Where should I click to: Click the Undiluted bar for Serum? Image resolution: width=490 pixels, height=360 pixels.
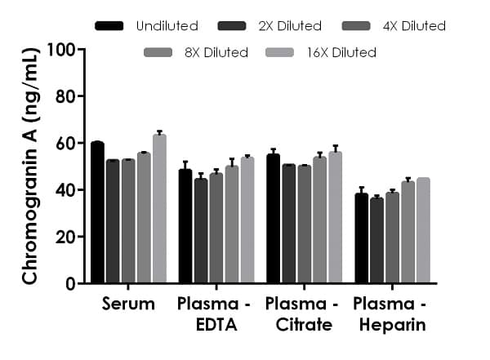pyautogui.click(x=97, y=212)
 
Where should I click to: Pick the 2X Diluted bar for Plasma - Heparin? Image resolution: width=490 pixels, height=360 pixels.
pyautogui.click(x=376, y=240)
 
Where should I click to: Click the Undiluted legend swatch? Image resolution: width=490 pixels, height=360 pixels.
pyautogui.click(x=109, y=26)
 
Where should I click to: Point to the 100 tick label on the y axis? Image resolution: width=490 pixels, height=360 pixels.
pyautogui.click(x=63, y=49)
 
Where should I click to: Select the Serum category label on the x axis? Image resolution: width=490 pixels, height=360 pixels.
pyautogui.click(x=128, y=304)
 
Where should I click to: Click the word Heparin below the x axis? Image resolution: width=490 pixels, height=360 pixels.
pyautogui.click(x=389, y=326)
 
